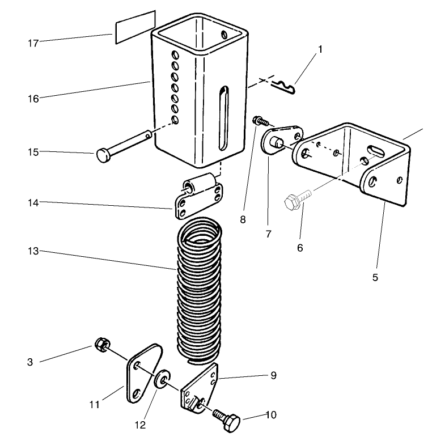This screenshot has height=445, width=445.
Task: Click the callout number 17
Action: (x=33, y=43)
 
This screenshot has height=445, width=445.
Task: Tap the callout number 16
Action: (x=33, y=99)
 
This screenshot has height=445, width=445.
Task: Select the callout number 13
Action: (x=33, y=251)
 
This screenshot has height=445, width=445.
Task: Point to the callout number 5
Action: (x=375, y=277)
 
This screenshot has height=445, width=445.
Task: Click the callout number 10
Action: (x=271, y=415)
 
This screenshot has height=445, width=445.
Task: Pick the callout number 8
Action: (x=243, y=219)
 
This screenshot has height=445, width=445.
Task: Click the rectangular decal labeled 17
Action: (x=135, y=27)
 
